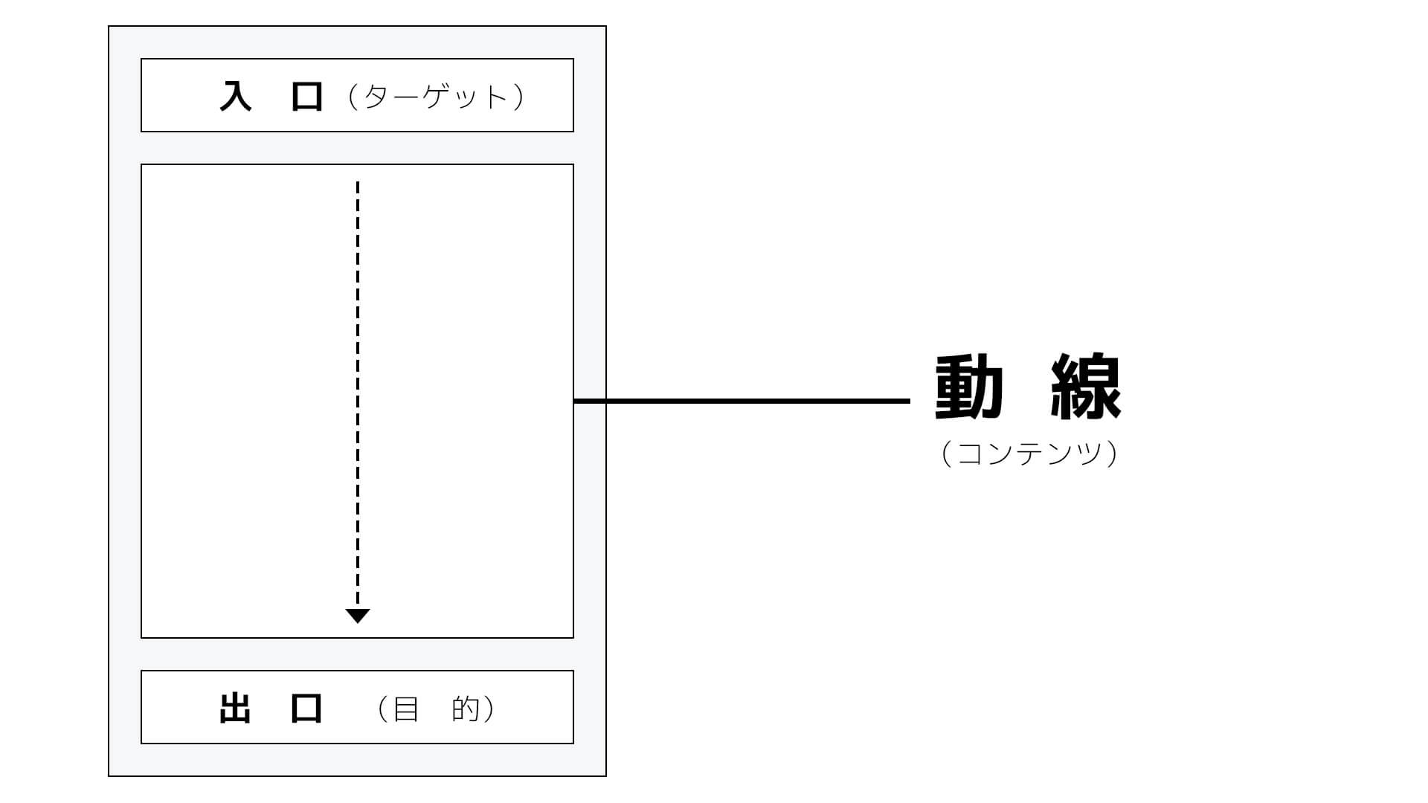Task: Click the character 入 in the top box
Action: click(x=236, y=96)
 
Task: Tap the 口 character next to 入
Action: click(x=306, y=97)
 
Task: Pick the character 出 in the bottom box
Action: click(x=235, y=709)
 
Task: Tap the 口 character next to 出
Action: click(x=306, y=709)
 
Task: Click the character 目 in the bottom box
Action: click(x=405, y=709)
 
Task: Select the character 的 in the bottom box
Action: click(x=466, y=709)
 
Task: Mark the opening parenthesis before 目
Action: click(x=383, y=709)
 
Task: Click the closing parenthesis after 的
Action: click(x=489, y=709)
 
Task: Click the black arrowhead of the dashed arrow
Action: click(x=358, y=616)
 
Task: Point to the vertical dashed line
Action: click(x=358, y=394)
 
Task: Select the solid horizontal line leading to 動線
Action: click(x=742, y=401)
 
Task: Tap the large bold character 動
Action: click(x=969, y=387)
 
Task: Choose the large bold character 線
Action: click(x=1086, y=387)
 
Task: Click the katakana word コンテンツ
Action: click(x=1029, y=453)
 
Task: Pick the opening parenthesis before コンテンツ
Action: click(x=946, y=454)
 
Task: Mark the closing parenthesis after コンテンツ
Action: click(x=1112, y=454)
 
